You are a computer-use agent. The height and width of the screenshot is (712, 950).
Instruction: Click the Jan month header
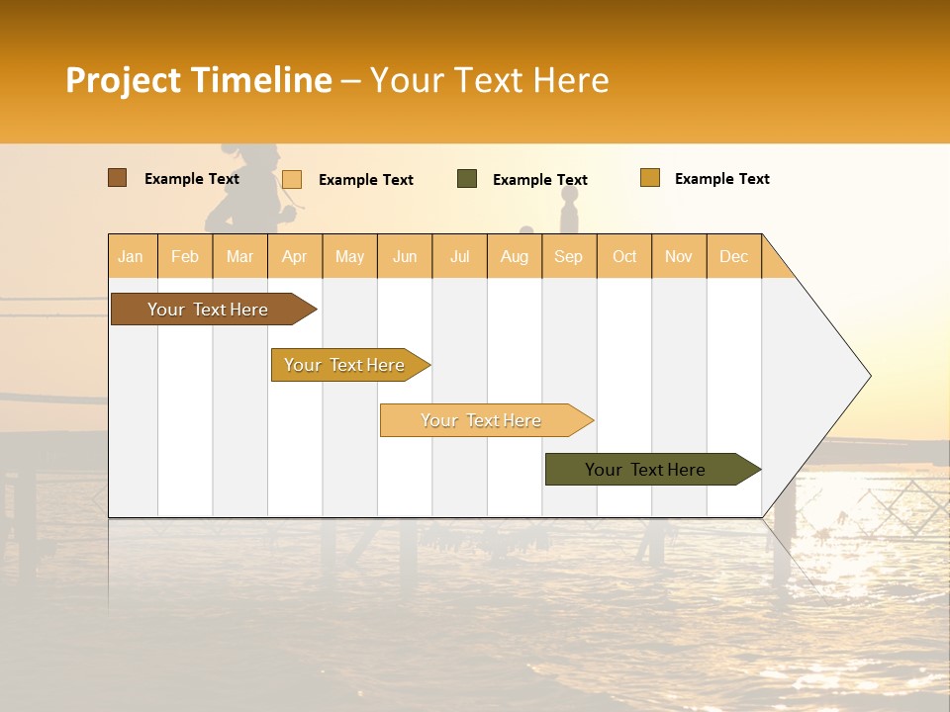click(x=131, y=256)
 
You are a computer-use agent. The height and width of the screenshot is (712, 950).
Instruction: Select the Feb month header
click(x=185, y=256)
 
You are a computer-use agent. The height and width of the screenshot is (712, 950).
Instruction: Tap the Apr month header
click(x=294, y=256)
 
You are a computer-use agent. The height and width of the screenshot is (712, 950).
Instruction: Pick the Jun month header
click(x=405, y=256)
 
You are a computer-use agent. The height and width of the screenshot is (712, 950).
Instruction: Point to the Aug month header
click(x=514, y=256)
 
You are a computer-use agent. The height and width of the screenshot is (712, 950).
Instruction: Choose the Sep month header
click(x=568, y=256)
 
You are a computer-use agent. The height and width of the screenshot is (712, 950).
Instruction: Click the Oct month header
click(x=624, y=256)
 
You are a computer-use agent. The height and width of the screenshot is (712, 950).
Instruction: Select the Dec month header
click(x=733, y=256)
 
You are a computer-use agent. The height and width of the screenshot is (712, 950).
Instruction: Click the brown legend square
click(x=117, y=178)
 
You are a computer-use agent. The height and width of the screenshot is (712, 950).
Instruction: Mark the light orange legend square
click(x=292, y=179)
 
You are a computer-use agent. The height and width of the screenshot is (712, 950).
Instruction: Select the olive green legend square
click(x=467, y=179)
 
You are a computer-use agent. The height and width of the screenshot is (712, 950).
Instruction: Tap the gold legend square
click(x=650, y=178)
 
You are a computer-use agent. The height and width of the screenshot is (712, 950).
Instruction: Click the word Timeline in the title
click(x=260, y=80)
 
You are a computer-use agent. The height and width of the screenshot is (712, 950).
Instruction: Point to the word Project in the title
click(x=123, y=80)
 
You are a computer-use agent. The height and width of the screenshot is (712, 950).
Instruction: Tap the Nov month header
click(x=679, y=256)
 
